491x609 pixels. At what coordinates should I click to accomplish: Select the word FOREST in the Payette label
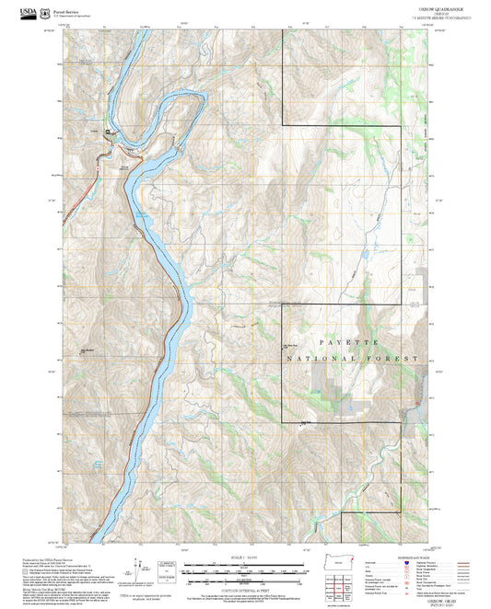397,357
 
